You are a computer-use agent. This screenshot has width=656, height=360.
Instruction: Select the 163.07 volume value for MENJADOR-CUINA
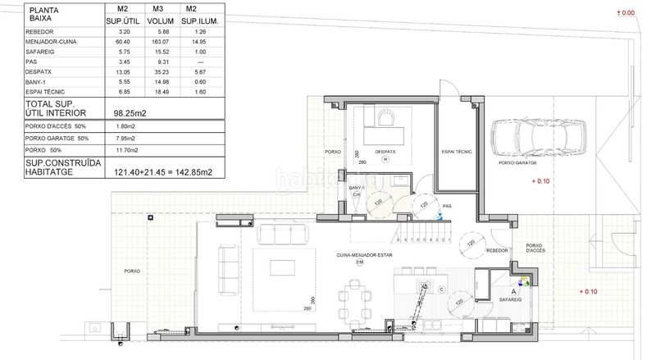click(159, 41)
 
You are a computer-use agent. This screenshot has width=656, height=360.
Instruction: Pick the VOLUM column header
click(158, 21)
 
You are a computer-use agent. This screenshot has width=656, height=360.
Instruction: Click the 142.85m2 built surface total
click(188, 172)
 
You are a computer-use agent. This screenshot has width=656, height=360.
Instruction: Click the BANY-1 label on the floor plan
click(357, 188)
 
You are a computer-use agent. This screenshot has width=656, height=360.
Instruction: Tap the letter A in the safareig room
click(513, 290)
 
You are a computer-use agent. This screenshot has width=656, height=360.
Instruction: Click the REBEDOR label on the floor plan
click(496, 252)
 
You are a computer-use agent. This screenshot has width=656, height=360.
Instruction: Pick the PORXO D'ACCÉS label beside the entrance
click(534, 248)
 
